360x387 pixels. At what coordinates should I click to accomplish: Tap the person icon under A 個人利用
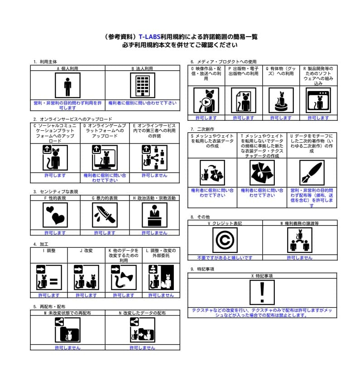(x=67, y=86)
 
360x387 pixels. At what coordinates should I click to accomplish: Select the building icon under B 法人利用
(x=142, y=86)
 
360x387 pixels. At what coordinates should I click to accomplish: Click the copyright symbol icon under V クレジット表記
(x=225, y=240)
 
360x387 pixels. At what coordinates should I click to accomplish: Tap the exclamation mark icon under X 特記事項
(x=262, y=293)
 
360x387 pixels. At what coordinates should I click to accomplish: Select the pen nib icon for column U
(x=312, y=173)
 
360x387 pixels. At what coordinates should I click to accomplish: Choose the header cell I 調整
(x=49, y=250)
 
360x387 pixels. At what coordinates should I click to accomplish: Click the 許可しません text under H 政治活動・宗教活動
(x=154, y=233)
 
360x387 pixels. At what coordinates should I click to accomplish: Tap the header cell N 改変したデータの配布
(x=142, y=313)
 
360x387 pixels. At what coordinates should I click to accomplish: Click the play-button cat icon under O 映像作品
(x=206, y=100)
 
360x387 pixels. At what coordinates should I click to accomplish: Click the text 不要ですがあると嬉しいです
(x=225, y=258)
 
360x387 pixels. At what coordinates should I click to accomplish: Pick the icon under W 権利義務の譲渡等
(x=299, y=240)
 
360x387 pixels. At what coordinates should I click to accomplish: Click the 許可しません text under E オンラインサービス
(x=154, y=175)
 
